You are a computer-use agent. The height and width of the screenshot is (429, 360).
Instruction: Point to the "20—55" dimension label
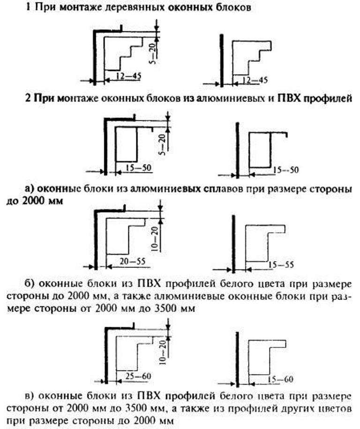pyautogui.click(x=132, y=262)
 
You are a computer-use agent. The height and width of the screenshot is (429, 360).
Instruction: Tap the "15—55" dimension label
pyautogui.click(x=281, y=265)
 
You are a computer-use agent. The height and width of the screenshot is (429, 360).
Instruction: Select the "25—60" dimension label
pyautogui.click(x=138, y=376)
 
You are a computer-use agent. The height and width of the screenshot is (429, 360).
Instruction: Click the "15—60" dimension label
pyautogui.click(x=281, y=380)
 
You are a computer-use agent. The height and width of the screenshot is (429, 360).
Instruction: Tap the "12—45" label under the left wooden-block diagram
pyautogui.click(x=128, y=76)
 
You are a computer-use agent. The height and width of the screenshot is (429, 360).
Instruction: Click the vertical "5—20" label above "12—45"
pyautogui.click(x=154, y=53)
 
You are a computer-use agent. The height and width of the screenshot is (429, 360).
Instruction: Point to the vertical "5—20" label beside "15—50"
pyautogui.click(x=163, y=145)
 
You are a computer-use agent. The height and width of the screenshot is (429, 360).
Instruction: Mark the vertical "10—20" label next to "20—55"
pyautogui.click(x=155, y=239)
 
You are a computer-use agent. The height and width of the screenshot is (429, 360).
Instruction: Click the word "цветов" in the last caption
pyautogui.click(x=336, y=409)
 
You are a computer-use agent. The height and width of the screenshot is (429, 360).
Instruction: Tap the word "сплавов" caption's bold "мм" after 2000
pyautogui.click(x=55, y=201)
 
